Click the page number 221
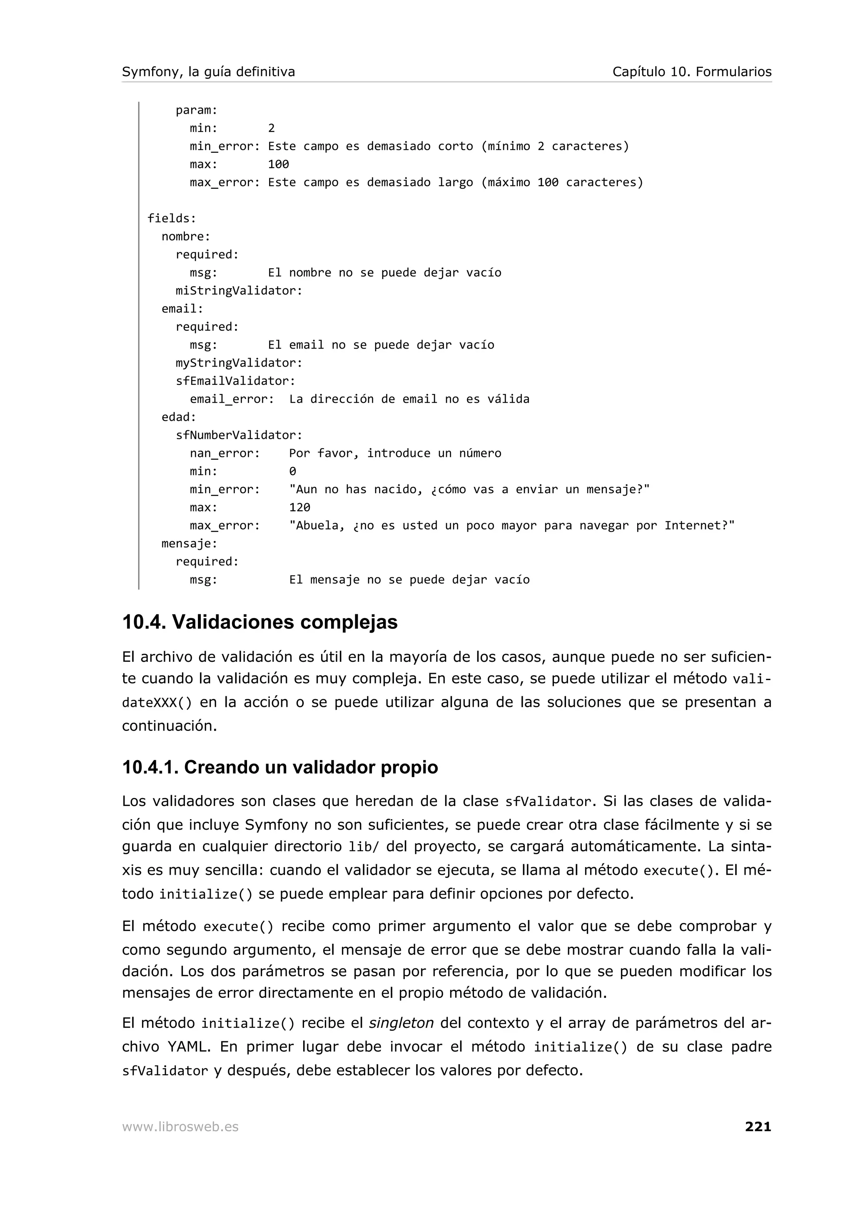point(757,1126)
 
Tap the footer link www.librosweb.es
point(180,1127)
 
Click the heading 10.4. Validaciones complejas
point(259,622)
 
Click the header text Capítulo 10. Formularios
point(692,72)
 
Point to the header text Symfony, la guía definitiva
point(208,72)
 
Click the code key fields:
point(171,218)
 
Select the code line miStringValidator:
point(239,291)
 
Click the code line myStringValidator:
point(239,363)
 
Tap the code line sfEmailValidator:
point(235,381)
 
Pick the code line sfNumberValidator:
point(239,435)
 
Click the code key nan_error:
point(225,453)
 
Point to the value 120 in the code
point(299,507)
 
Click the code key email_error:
point(232,399)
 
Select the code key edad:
point(179,417)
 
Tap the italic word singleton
point(401,1023)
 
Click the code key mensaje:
point(189,544)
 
